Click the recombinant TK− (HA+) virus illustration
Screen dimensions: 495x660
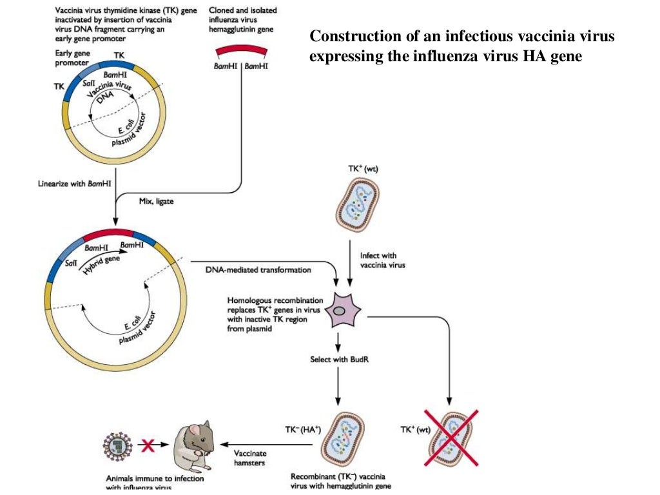coord(343,442)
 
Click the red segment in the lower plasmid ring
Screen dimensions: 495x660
coord(108,232)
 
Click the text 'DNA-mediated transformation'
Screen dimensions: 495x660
coord(258,269)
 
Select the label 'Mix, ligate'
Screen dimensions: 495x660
coord(156,201)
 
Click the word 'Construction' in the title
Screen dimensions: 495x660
coord(349,37)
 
